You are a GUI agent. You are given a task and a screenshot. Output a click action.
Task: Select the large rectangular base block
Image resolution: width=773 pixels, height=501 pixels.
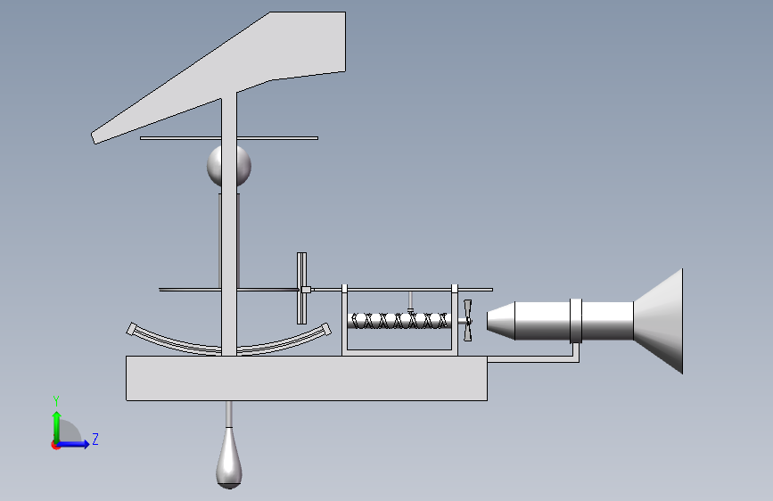307,378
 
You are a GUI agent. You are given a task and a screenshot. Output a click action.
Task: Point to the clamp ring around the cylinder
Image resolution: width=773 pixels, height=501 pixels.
576,321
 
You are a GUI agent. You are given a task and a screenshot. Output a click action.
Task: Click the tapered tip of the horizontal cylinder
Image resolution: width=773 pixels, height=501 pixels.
501,322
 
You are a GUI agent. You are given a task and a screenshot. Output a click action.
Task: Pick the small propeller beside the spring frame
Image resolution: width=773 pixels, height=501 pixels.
467,321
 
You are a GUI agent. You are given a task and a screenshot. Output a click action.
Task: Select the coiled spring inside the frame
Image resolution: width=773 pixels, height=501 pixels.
399,321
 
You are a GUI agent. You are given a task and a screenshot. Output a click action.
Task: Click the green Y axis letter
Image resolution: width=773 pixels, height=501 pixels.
56,400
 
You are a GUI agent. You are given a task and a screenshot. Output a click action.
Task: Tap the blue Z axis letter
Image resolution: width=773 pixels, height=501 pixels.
95,439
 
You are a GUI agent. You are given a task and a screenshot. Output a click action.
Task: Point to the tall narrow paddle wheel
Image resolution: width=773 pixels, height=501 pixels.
301,289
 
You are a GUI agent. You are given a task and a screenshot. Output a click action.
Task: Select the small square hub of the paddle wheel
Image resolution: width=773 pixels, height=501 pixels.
306,290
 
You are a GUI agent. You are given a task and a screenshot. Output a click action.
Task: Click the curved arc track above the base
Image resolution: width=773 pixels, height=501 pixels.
229,347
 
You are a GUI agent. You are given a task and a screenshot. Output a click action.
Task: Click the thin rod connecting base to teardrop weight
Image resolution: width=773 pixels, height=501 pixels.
229,415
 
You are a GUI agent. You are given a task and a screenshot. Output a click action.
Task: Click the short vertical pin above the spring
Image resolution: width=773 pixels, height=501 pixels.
410,301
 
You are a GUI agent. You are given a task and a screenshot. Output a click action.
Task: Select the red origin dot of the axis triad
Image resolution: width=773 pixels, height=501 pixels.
55,445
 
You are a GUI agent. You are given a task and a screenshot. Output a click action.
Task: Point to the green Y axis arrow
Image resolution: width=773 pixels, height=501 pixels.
57,427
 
